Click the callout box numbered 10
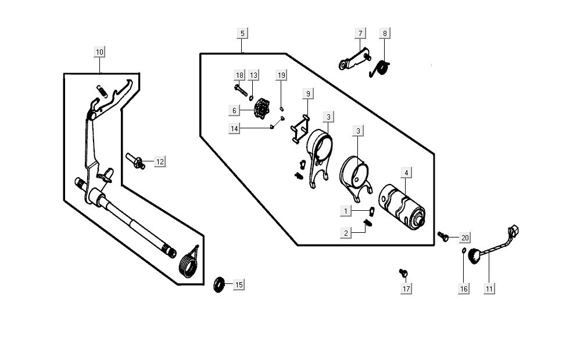tap(99, 52)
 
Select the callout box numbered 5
tap(242, 33)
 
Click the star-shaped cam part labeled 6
tap(263, 109)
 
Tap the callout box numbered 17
tap(406, 289)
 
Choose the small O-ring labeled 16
tap(463, 251)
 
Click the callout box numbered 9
tap(308, 93)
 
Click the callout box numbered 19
tap(281, 75)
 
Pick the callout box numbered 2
tap(346, 233)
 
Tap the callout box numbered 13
tap(253, 75)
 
